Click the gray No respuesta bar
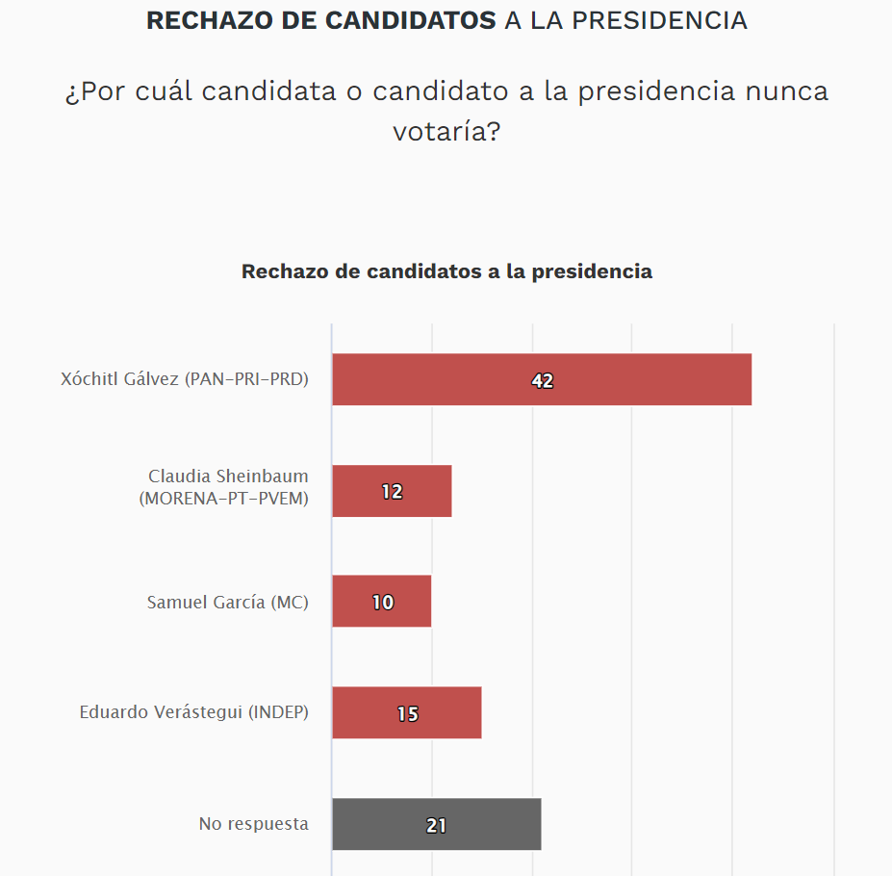(491, 825)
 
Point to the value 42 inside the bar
(543, 381)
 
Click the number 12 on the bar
(392, 492)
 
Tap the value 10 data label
(383, 603)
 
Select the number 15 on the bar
(408, 714)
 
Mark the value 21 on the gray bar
(436, 826)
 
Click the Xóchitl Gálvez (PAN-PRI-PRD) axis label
(185, 379)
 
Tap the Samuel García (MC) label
(227, 603)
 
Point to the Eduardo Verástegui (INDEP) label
(193, 713)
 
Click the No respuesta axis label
(253, 824)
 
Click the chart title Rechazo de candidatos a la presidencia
(446, 271)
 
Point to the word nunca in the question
(786, 91)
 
